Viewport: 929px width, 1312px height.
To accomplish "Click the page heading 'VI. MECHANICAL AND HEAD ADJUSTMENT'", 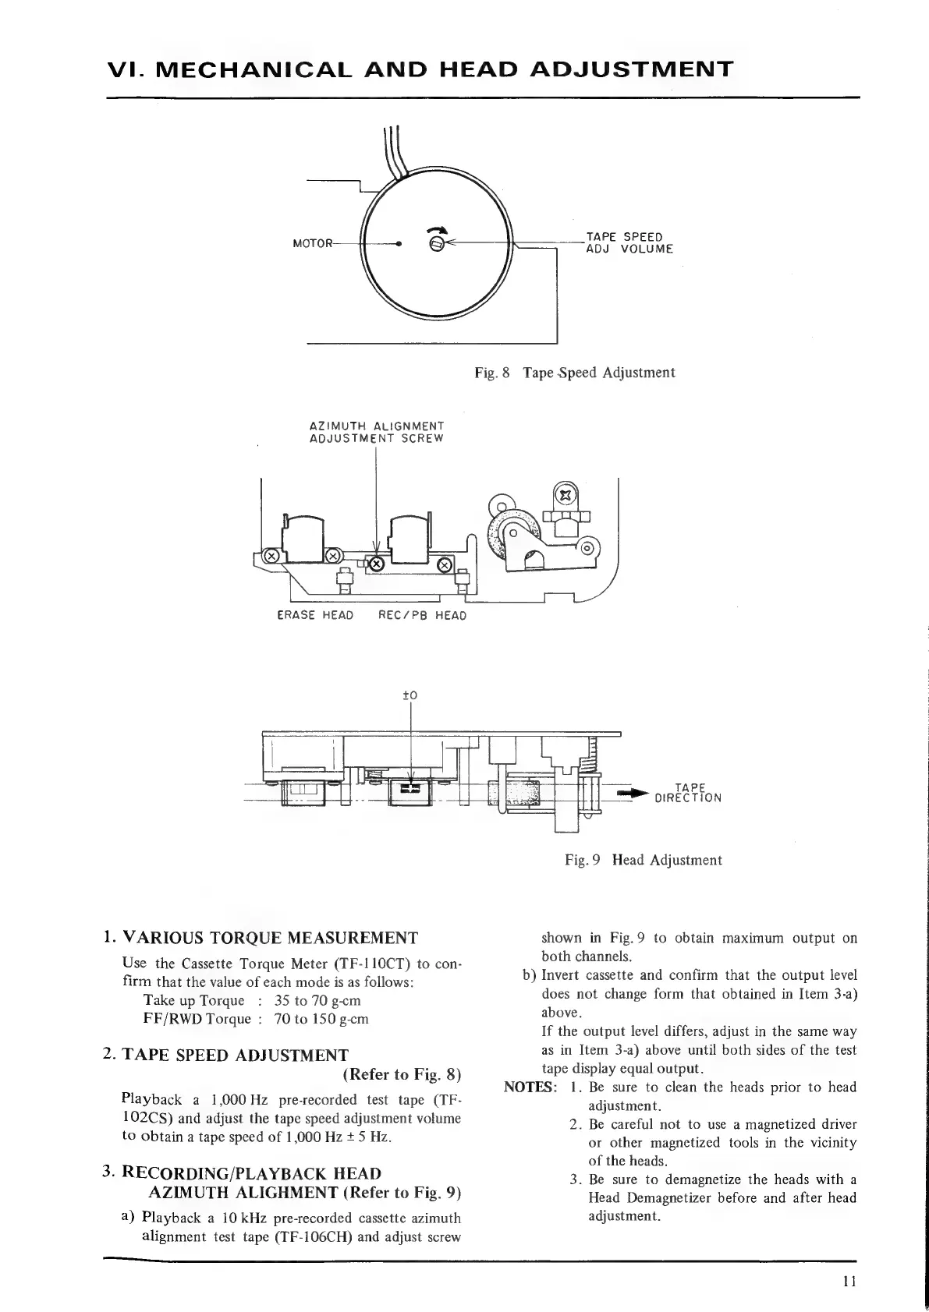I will click(420, 69).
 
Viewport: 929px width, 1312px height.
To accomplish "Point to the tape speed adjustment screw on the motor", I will click(438, 244).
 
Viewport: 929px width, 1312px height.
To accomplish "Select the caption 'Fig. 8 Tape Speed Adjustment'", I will click(575, 373).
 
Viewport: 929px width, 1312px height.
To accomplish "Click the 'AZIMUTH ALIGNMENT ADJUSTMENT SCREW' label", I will click(377, 432).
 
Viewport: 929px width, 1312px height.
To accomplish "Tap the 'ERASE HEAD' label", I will click(315, 615).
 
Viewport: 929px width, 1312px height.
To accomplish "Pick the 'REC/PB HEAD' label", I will click(422, 615).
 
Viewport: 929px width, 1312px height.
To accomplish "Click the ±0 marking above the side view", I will click(410, 695).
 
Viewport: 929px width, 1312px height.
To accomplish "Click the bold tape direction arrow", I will click(632, 794).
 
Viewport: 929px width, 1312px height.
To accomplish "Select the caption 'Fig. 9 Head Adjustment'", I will click(644, 860).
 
